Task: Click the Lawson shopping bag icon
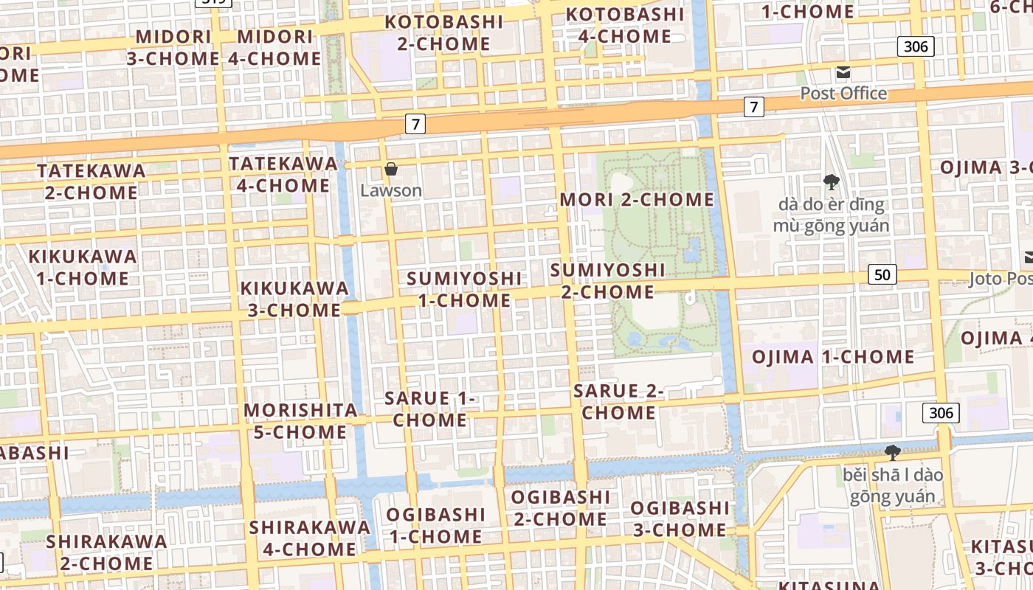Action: (391, 170)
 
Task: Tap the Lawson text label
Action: (391, 191)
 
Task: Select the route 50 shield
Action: (882, 275)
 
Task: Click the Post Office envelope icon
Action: (843, 72)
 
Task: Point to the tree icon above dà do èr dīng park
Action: (831, 181)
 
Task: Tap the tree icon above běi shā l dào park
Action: (892, 452)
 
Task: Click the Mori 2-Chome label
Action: (637, 200)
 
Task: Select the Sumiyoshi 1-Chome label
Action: (464, 289)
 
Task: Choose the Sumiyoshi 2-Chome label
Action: (607, 281)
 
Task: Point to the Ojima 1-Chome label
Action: (833, 357)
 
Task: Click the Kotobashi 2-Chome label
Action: (444, 32)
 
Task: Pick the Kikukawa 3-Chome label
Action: (294, 299)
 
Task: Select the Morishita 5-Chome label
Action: (300, 420)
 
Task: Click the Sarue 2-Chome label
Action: (618, 401)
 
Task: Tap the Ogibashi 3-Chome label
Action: (680, 518)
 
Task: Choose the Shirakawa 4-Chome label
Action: (309, 538)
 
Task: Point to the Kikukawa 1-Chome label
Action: (83, 268)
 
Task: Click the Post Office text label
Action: (843, 94)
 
